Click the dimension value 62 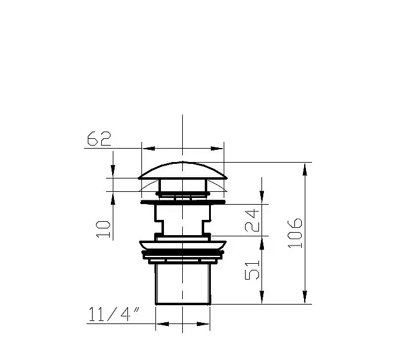(x=99, y=138)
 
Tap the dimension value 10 (x=103, y=229)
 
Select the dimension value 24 (x=252, y=220)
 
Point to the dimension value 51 (x=252, y=270)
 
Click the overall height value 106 (x=295, y=233)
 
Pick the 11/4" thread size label (x=114, y=314)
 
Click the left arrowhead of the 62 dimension (x=149, y=149)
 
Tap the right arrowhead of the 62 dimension (x=217, y=149)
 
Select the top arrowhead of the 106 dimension (x=305, y=169)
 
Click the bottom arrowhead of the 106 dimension (x=305, y=297)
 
